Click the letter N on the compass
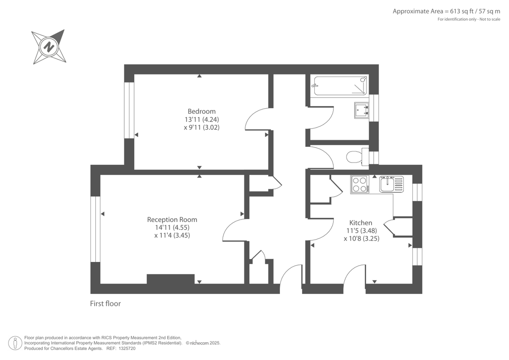[49, 47]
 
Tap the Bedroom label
[201, 111]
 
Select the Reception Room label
[172, 219]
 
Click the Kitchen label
[361, 222]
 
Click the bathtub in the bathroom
[340, 86]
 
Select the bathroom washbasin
[361, 110]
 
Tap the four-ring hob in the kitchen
[360, 184]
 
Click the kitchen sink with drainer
[391, 184]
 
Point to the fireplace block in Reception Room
[171, 279]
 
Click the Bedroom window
[129, 110]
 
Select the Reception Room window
[95, 229]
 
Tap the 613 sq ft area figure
[461, 11]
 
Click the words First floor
[106, 304]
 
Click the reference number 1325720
[127, 349]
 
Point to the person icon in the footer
[15, 343]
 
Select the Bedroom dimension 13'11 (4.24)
[201, 119]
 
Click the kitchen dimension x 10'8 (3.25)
[361, 239]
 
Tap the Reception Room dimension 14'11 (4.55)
[172, 228]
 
